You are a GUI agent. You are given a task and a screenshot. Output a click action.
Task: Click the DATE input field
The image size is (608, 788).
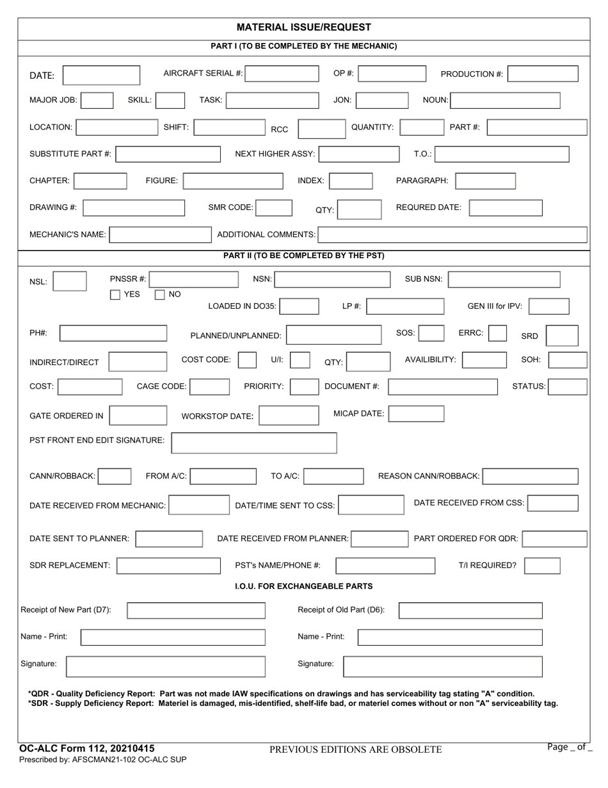pyautogui.click(x=101, y=75)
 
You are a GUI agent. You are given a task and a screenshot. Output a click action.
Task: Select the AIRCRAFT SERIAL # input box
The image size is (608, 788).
pyautogui.click(x=282, y=74)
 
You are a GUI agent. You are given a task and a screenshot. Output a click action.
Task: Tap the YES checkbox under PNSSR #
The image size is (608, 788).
pyautogui.click(x=115, y=295)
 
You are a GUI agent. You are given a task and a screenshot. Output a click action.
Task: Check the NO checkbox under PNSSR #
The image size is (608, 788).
pyautogui.click(x=160, y=295)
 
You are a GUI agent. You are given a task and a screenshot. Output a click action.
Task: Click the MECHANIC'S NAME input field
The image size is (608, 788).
pyautogui.click(x=160, y=235)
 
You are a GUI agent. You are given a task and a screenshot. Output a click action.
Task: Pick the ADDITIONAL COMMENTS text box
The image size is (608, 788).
pyautogui.click(x=452, y=235)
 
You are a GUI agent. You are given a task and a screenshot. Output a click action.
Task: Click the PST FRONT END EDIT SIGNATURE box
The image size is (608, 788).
pyautogui.click(x=254, y=443)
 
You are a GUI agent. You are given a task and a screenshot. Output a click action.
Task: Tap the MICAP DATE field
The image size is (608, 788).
pyautogui.click(x=416, y=414)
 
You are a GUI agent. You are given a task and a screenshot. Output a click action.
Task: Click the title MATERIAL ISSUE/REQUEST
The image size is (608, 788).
pyautogui.click(x=303, y=28)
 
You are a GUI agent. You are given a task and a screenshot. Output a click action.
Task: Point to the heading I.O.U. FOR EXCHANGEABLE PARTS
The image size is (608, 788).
pyautogui.click(x=304, y=586)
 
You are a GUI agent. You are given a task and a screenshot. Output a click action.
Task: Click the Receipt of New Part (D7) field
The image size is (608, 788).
pyautogui.click(x=196, y=611)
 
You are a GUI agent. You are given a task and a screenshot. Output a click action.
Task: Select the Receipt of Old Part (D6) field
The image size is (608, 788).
pyautogui.click(x=470, y=611)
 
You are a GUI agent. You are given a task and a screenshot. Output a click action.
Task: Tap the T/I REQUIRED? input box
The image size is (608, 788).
pyautogui.click(x=542, y=566)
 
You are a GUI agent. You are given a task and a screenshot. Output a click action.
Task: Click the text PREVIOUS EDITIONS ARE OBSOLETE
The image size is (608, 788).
pyautogui.click(x=355, y=749)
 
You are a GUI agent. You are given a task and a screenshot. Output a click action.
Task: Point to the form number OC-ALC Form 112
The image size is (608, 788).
pyautogui.click(x=87, y=748)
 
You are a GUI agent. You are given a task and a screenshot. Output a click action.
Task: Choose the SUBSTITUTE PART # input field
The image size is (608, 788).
pyautogui.click(x=168, y=154)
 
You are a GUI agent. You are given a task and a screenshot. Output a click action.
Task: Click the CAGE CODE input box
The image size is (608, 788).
pyautogui.click(x=210, y=386)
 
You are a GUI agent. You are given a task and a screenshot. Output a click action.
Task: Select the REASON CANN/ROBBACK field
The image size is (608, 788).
pyautogui.click(x=531, y=476)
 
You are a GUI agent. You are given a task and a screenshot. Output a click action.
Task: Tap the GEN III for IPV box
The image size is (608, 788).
pyautogui.click(x=549, y=306)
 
